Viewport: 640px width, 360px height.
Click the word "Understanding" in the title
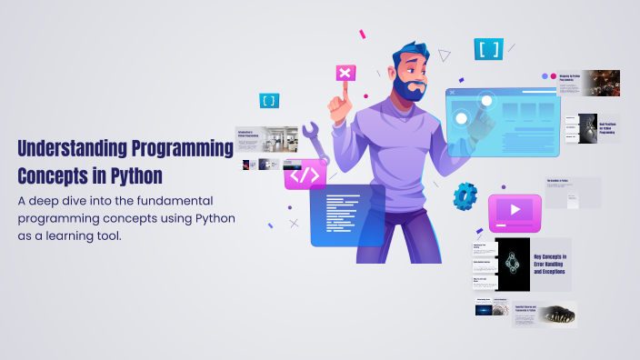[x=73, y=147]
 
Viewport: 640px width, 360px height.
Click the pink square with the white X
[x=345, y=74]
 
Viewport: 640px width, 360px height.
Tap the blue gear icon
[x=465, y=195]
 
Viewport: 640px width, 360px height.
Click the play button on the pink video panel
[x=515, y=210]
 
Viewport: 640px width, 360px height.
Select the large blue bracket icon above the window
[x=488, y=49]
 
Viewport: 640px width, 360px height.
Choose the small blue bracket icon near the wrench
[x=269, y=101]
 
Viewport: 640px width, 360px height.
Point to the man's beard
[x=411, y=88]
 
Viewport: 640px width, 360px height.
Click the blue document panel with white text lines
[x=346, y=215]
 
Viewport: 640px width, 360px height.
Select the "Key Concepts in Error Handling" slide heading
[x=550, y=265]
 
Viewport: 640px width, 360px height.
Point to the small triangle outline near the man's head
[x=445, y=55]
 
